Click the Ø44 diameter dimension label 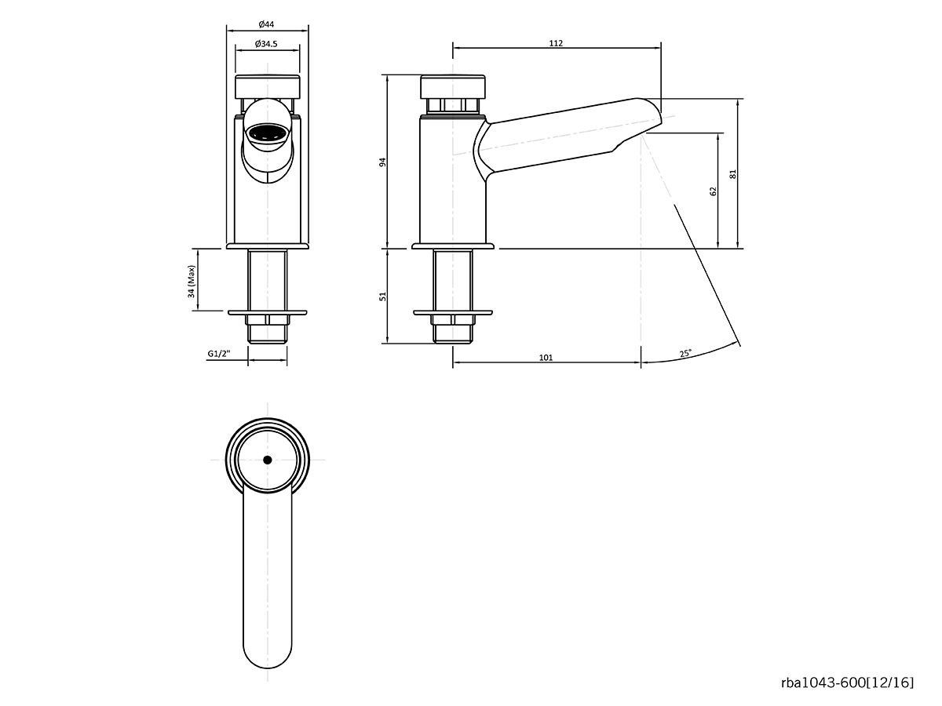268,24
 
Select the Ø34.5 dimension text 268,44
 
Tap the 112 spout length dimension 556,43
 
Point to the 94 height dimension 383,162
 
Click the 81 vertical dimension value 733,174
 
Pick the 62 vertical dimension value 713,191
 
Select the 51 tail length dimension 383,297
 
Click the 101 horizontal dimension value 546,358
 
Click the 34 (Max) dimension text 191,280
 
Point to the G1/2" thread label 219,354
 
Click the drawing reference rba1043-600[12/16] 847,683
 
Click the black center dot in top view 268,460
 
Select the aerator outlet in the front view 268,135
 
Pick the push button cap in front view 268,86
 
